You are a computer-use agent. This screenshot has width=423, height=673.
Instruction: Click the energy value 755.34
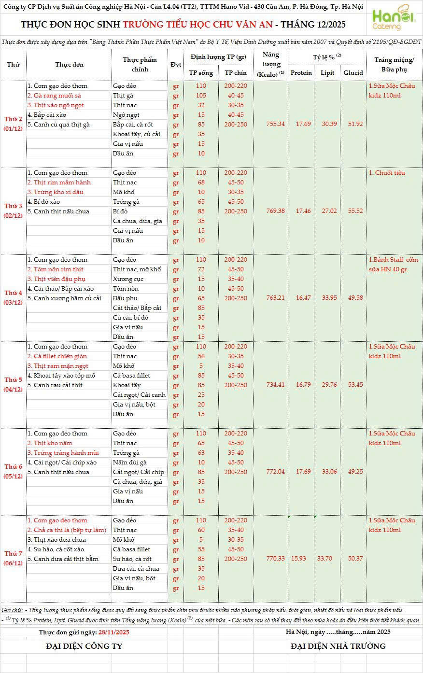[x=275, y=124]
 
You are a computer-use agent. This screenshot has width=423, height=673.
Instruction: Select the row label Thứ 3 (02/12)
[x=14, y=211]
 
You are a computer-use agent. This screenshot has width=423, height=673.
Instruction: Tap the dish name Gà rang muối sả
[x=54, y=96]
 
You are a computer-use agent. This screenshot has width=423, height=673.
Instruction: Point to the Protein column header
[x=301, y=73]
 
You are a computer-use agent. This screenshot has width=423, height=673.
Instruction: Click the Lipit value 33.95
[x=328, y=298]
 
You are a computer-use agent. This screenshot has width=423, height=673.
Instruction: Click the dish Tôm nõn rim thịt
[x=55, y=269]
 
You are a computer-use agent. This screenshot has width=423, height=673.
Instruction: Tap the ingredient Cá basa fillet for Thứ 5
[x=131, y=376]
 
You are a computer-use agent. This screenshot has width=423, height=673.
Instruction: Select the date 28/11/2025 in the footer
[x=113, y=632]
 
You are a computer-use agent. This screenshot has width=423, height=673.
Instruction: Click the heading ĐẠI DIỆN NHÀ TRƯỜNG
[x=338, y=646]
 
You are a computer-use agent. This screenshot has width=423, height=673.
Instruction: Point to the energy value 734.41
[x=275, y=385]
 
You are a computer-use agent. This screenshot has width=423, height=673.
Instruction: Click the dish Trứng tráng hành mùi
[x=63, y=453]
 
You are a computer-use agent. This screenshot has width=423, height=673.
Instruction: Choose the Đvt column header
[x=175, y=65]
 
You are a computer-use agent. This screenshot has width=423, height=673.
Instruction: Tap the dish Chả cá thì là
[x=66, y=530]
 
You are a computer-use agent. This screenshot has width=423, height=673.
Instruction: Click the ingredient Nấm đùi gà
[x=129, y=463]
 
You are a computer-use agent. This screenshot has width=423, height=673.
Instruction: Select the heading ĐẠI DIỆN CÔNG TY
[x=84, y=646]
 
